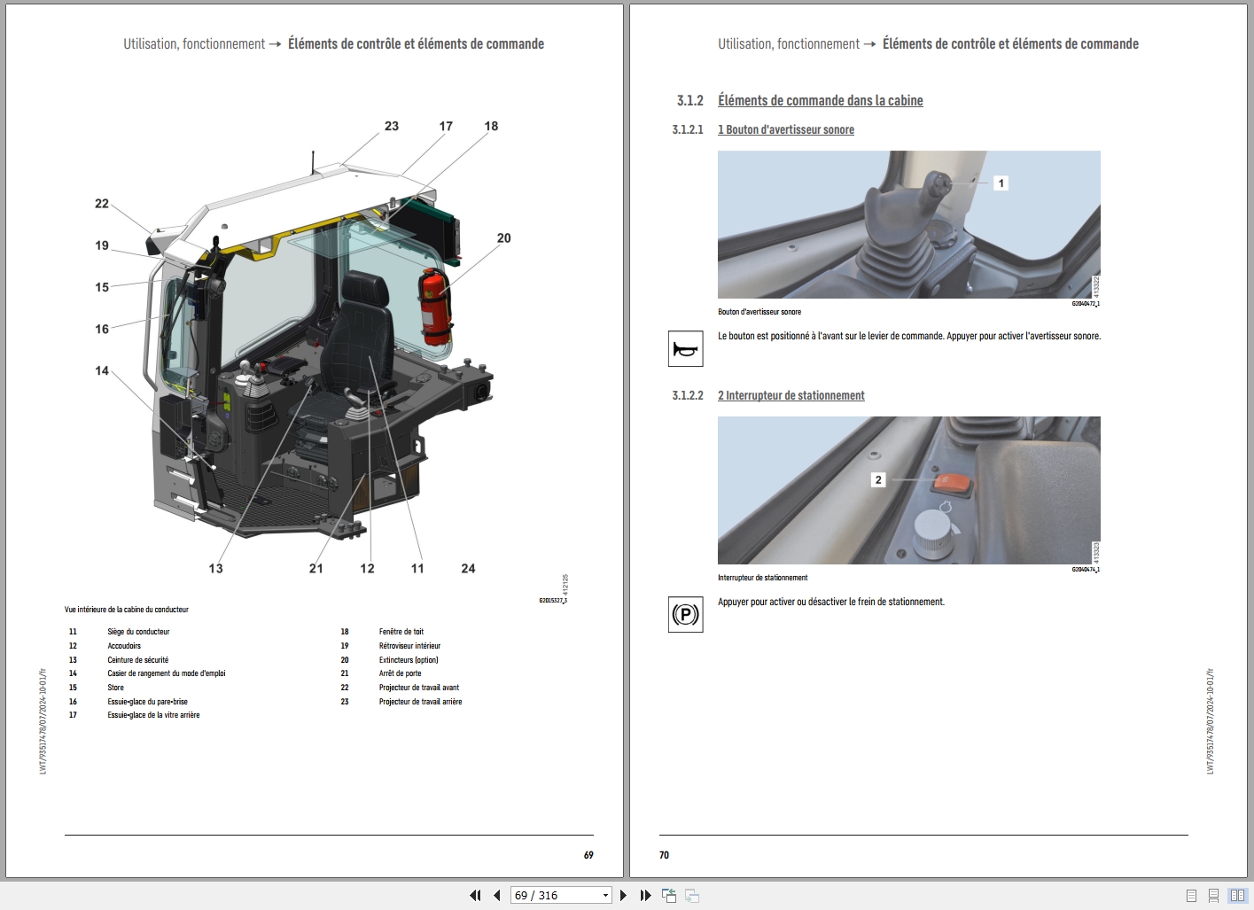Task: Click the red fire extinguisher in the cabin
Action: [x=433, y=307]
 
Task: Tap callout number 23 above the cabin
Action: [x=392, y=127]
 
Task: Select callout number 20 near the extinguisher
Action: [x=503, y=238]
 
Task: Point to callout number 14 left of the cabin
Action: [x=102, y=371]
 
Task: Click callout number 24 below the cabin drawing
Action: [x=468, y=569]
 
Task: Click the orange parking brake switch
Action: [x=951, y=485]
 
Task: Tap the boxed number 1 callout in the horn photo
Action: [x=1001, y=183]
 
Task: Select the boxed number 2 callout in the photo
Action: [x=878, y=480]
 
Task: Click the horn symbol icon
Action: [x=685, y=349]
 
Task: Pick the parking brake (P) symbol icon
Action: [x=685, y=615]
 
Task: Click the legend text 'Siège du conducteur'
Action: [x=138, y=632]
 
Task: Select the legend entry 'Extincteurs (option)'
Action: [x=409, y=660]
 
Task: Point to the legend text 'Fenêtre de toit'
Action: [x=401, y=632]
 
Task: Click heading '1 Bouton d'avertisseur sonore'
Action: [x=785, y=130]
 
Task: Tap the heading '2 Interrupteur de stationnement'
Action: [x=791, y=396]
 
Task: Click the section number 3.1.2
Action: [x=689, y=101]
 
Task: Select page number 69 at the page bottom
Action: [x=588, y=855]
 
